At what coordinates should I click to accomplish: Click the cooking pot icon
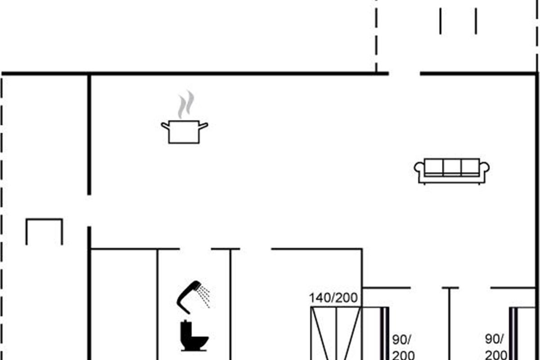tap(184, 132)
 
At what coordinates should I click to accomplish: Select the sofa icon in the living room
tap(452, 171)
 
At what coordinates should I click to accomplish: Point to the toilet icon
tap(194, 335)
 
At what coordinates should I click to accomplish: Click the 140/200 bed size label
tap(333, 298)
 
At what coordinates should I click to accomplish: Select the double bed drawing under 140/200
tap(336, 333)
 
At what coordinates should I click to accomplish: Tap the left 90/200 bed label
tap(403, 347)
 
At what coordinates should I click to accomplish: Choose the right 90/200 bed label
tap(496, 347)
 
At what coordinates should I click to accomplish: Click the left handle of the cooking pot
tap(166, 126)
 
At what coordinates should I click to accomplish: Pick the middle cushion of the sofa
tap(452, 166)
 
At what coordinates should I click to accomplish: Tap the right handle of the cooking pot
tap(203, 126)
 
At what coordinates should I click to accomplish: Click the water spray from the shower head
tap(204, 297)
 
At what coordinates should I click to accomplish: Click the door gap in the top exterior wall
tap(405, 73)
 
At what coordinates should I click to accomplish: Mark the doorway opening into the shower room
tap(195, 248)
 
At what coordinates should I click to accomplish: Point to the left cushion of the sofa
tap(434, 166)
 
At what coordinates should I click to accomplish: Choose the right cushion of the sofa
tap(470, 166)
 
